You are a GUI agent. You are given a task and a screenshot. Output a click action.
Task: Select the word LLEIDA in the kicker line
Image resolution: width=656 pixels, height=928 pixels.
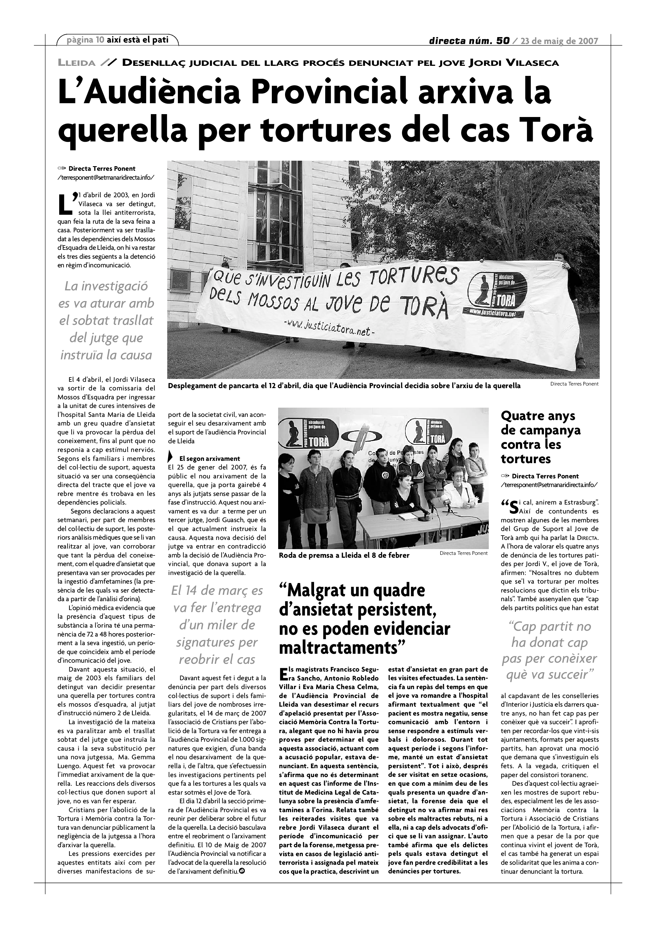[77, 63]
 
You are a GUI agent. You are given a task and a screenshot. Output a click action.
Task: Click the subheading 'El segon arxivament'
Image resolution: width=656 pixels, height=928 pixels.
[209, 459]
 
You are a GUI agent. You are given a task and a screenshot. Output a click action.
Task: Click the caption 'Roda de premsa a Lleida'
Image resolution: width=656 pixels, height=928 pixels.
[344, 555]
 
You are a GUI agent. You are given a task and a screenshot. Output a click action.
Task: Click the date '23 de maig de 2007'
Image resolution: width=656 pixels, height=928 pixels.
[559, 41]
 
